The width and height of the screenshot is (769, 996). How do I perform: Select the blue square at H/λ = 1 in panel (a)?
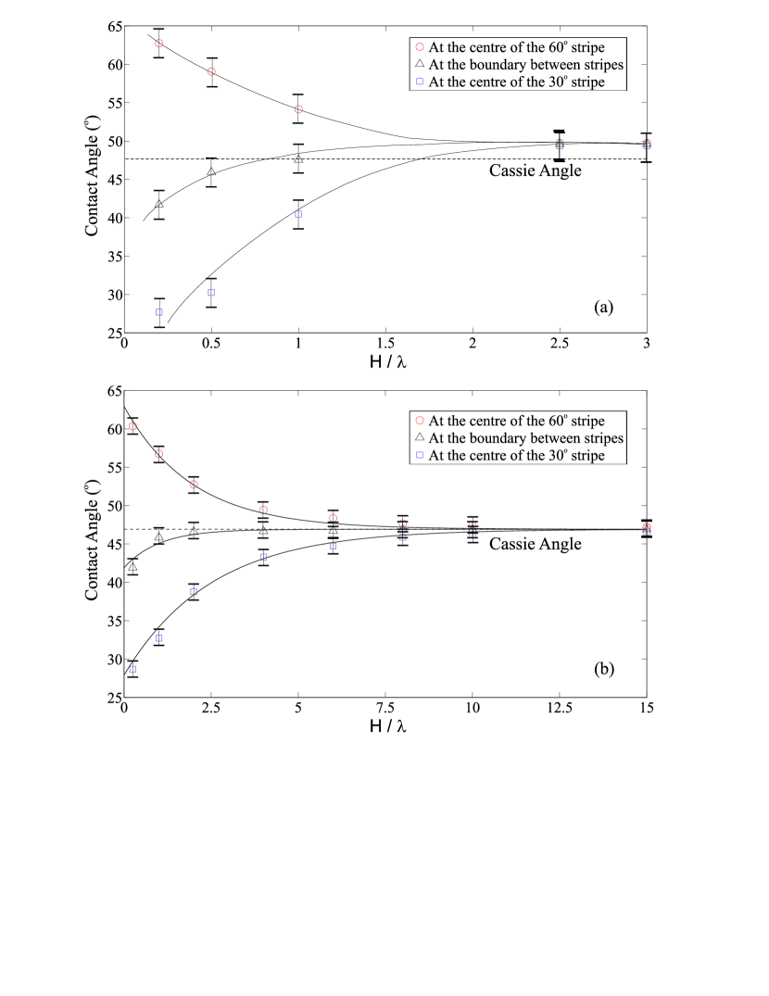click(x=298, y=214)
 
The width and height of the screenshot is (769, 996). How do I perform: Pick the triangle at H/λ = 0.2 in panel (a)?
click(x=159, y=204)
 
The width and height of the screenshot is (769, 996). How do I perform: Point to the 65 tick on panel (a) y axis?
click(x=111, y=26)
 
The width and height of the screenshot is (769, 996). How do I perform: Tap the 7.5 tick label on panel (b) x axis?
click(x=385, y=708)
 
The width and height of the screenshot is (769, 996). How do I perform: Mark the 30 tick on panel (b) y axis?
click(x=112, y=659)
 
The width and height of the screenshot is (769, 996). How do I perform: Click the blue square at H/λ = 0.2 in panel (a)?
click(x=159, y=312)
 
